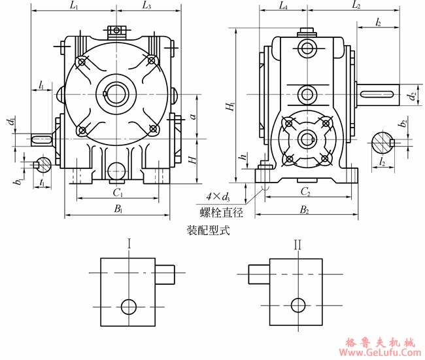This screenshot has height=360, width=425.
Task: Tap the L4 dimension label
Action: click(282, 7)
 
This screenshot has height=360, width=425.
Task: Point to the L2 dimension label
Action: click(356, 6)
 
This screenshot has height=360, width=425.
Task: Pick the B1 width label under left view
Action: click(118, 209)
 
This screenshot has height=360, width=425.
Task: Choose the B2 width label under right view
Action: click(305, 209)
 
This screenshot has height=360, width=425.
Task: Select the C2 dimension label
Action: click(305, 192)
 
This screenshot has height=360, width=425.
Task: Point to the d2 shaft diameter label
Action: click(411, 96)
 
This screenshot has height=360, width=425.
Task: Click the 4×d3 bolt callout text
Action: click(217, 197)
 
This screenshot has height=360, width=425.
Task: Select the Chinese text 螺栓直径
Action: click(221, 212)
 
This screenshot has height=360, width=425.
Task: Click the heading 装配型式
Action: click(208, 230)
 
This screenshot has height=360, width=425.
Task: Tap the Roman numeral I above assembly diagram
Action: click(129, 245)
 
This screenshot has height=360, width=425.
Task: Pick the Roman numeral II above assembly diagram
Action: click(297, 245)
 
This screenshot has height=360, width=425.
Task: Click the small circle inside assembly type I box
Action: click(129, 306)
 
